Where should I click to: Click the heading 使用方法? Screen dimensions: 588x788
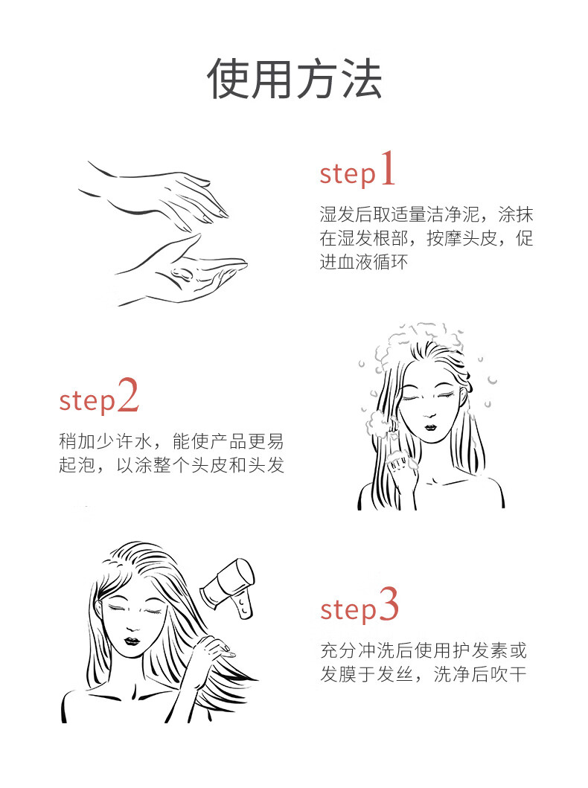pos(295,79)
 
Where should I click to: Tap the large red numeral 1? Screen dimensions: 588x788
pos(387,169)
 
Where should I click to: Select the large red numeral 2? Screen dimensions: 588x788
pos(128,396)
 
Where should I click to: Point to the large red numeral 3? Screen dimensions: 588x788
pos(389,604)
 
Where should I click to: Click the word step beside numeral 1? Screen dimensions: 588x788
pos(348,174)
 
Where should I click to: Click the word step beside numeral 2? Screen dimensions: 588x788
pos(87,401)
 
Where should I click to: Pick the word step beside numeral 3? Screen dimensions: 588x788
pos(348,609)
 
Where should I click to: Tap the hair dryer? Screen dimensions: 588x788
pos(229,587)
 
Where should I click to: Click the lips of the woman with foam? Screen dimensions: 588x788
pos(430,427)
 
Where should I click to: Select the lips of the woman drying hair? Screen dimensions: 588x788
pos(132,641)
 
